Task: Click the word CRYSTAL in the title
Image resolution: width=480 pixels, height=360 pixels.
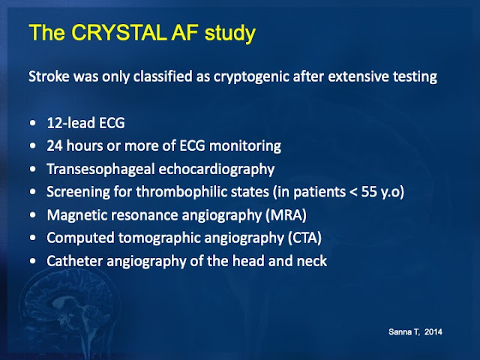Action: (119, 32)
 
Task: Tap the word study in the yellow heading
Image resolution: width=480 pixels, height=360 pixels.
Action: (230, 34)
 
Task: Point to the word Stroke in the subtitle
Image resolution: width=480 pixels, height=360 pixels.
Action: (49, 76)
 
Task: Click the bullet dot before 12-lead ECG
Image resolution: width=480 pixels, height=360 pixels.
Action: (33, 123)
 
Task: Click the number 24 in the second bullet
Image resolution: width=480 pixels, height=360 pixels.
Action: (55, 145)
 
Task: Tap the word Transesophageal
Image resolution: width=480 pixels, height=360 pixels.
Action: (100, 169)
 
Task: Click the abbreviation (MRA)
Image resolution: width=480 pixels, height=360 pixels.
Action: (286, 215)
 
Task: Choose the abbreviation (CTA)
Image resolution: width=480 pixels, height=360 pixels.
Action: (304, 238)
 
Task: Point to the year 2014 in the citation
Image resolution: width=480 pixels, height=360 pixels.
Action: (433, 331)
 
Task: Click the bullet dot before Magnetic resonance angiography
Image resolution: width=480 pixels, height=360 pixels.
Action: (33, 215)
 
